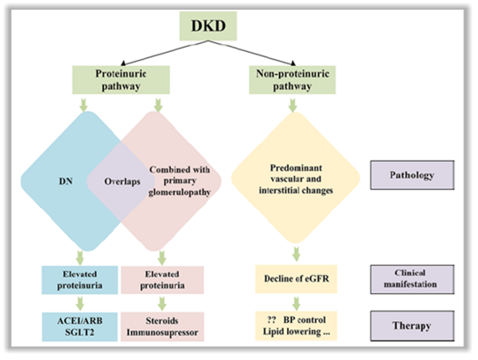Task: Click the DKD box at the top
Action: tap(208, 26)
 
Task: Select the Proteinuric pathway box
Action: tap(121, 80)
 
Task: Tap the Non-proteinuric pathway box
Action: tap(292, 80)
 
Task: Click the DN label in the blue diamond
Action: tap(66, 181)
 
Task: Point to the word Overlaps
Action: tap(122, 181)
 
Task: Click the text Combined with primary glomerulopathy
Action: tap(180, 180)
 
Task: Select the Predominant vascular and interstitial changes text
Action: tap(296, 180)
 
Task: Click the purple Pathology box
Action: tap(412, 175)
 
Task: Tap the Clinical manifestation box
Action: tap(412, 279)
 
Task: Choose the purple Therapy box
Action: tap(412, 326)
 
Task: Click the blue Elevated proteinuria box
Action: tap(80, 280)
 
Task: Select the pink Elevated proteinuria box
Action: tap(162, 280)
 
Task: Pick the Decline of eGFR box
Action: tap(296, 279)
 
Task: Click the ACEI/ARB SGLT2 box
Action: tap(80, 327)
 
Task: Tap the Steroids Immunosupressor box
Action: tap(162, 327)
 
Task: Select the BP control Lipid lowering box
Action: tap(296, 326)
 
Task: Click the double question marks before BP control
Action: tap(272, 320)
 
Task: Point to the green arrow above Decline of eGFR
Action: tap(297, 254)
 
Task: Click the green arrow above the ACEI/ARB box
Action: tap(80, 304)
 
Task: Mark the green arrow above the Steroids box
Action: tap(162, 304)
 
